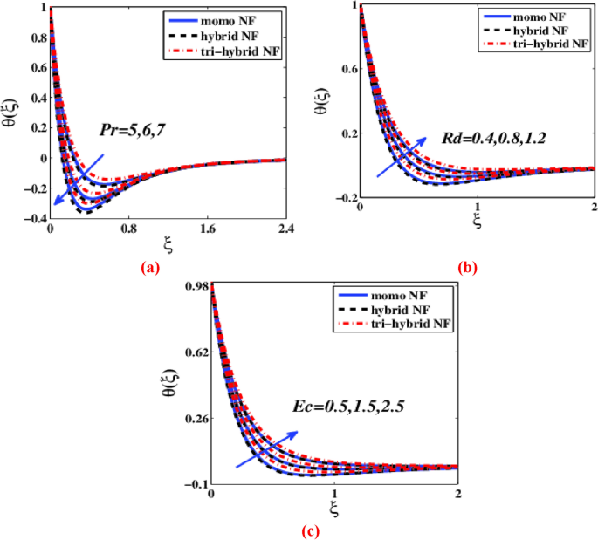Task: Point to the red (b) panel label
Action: [x=467, y=269]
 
